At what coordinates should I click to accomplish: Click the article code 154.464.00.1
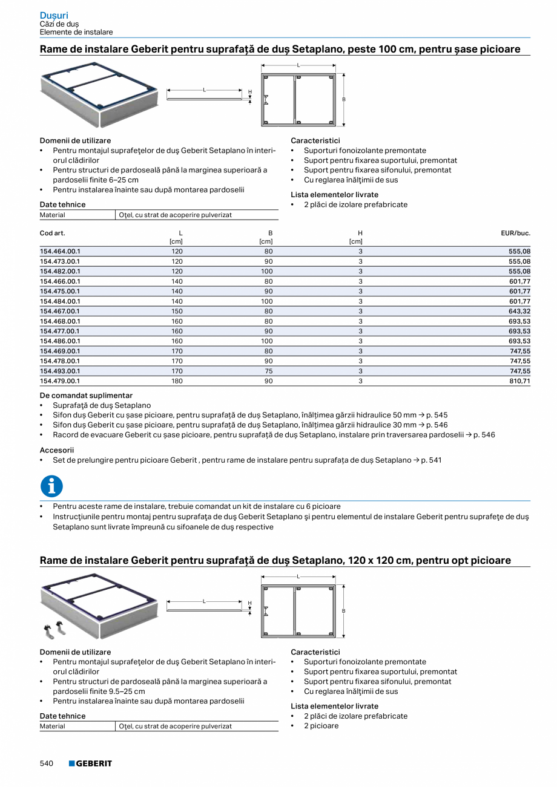coord(60,251)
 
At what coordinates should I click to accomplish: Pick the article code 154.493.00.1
coord(60,371)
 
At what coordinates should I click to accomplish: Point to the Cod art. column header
coord(53,233)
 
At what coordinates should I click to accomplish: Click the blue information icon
coord(51,486)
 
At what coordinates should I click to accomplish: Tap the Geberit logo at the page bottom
coord(90,763)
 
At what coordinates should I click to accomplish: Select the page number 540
coord(47,763)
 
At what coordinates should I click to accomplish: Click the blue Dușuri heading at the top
coord(54,15)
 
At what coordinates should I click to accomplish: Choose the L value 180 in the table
coord(177,381)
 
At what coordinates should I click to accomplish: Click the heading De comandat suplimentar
coord(86,396)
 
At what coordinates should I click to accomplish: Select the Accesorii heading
coord(57,450)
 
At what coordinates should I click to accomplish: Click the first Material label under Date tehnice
coord(53,215)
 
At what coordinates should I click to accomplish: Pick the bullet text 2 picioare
coord(321,726)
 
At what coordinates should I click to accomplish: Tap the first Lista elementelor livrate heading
coord(334,195)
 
